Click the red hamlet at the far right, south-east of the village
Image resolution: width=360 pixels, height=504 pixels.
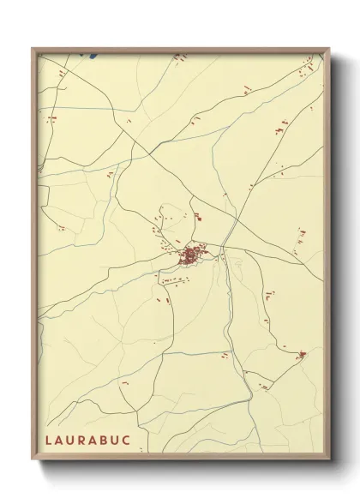click(x=301, y=354)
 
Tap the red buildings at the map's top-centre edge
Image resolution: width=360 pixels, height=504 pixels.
click(x=179, y=57)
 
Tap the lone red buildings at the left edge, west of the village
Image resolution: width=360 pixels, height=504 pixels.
click(x=60, y=228)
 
